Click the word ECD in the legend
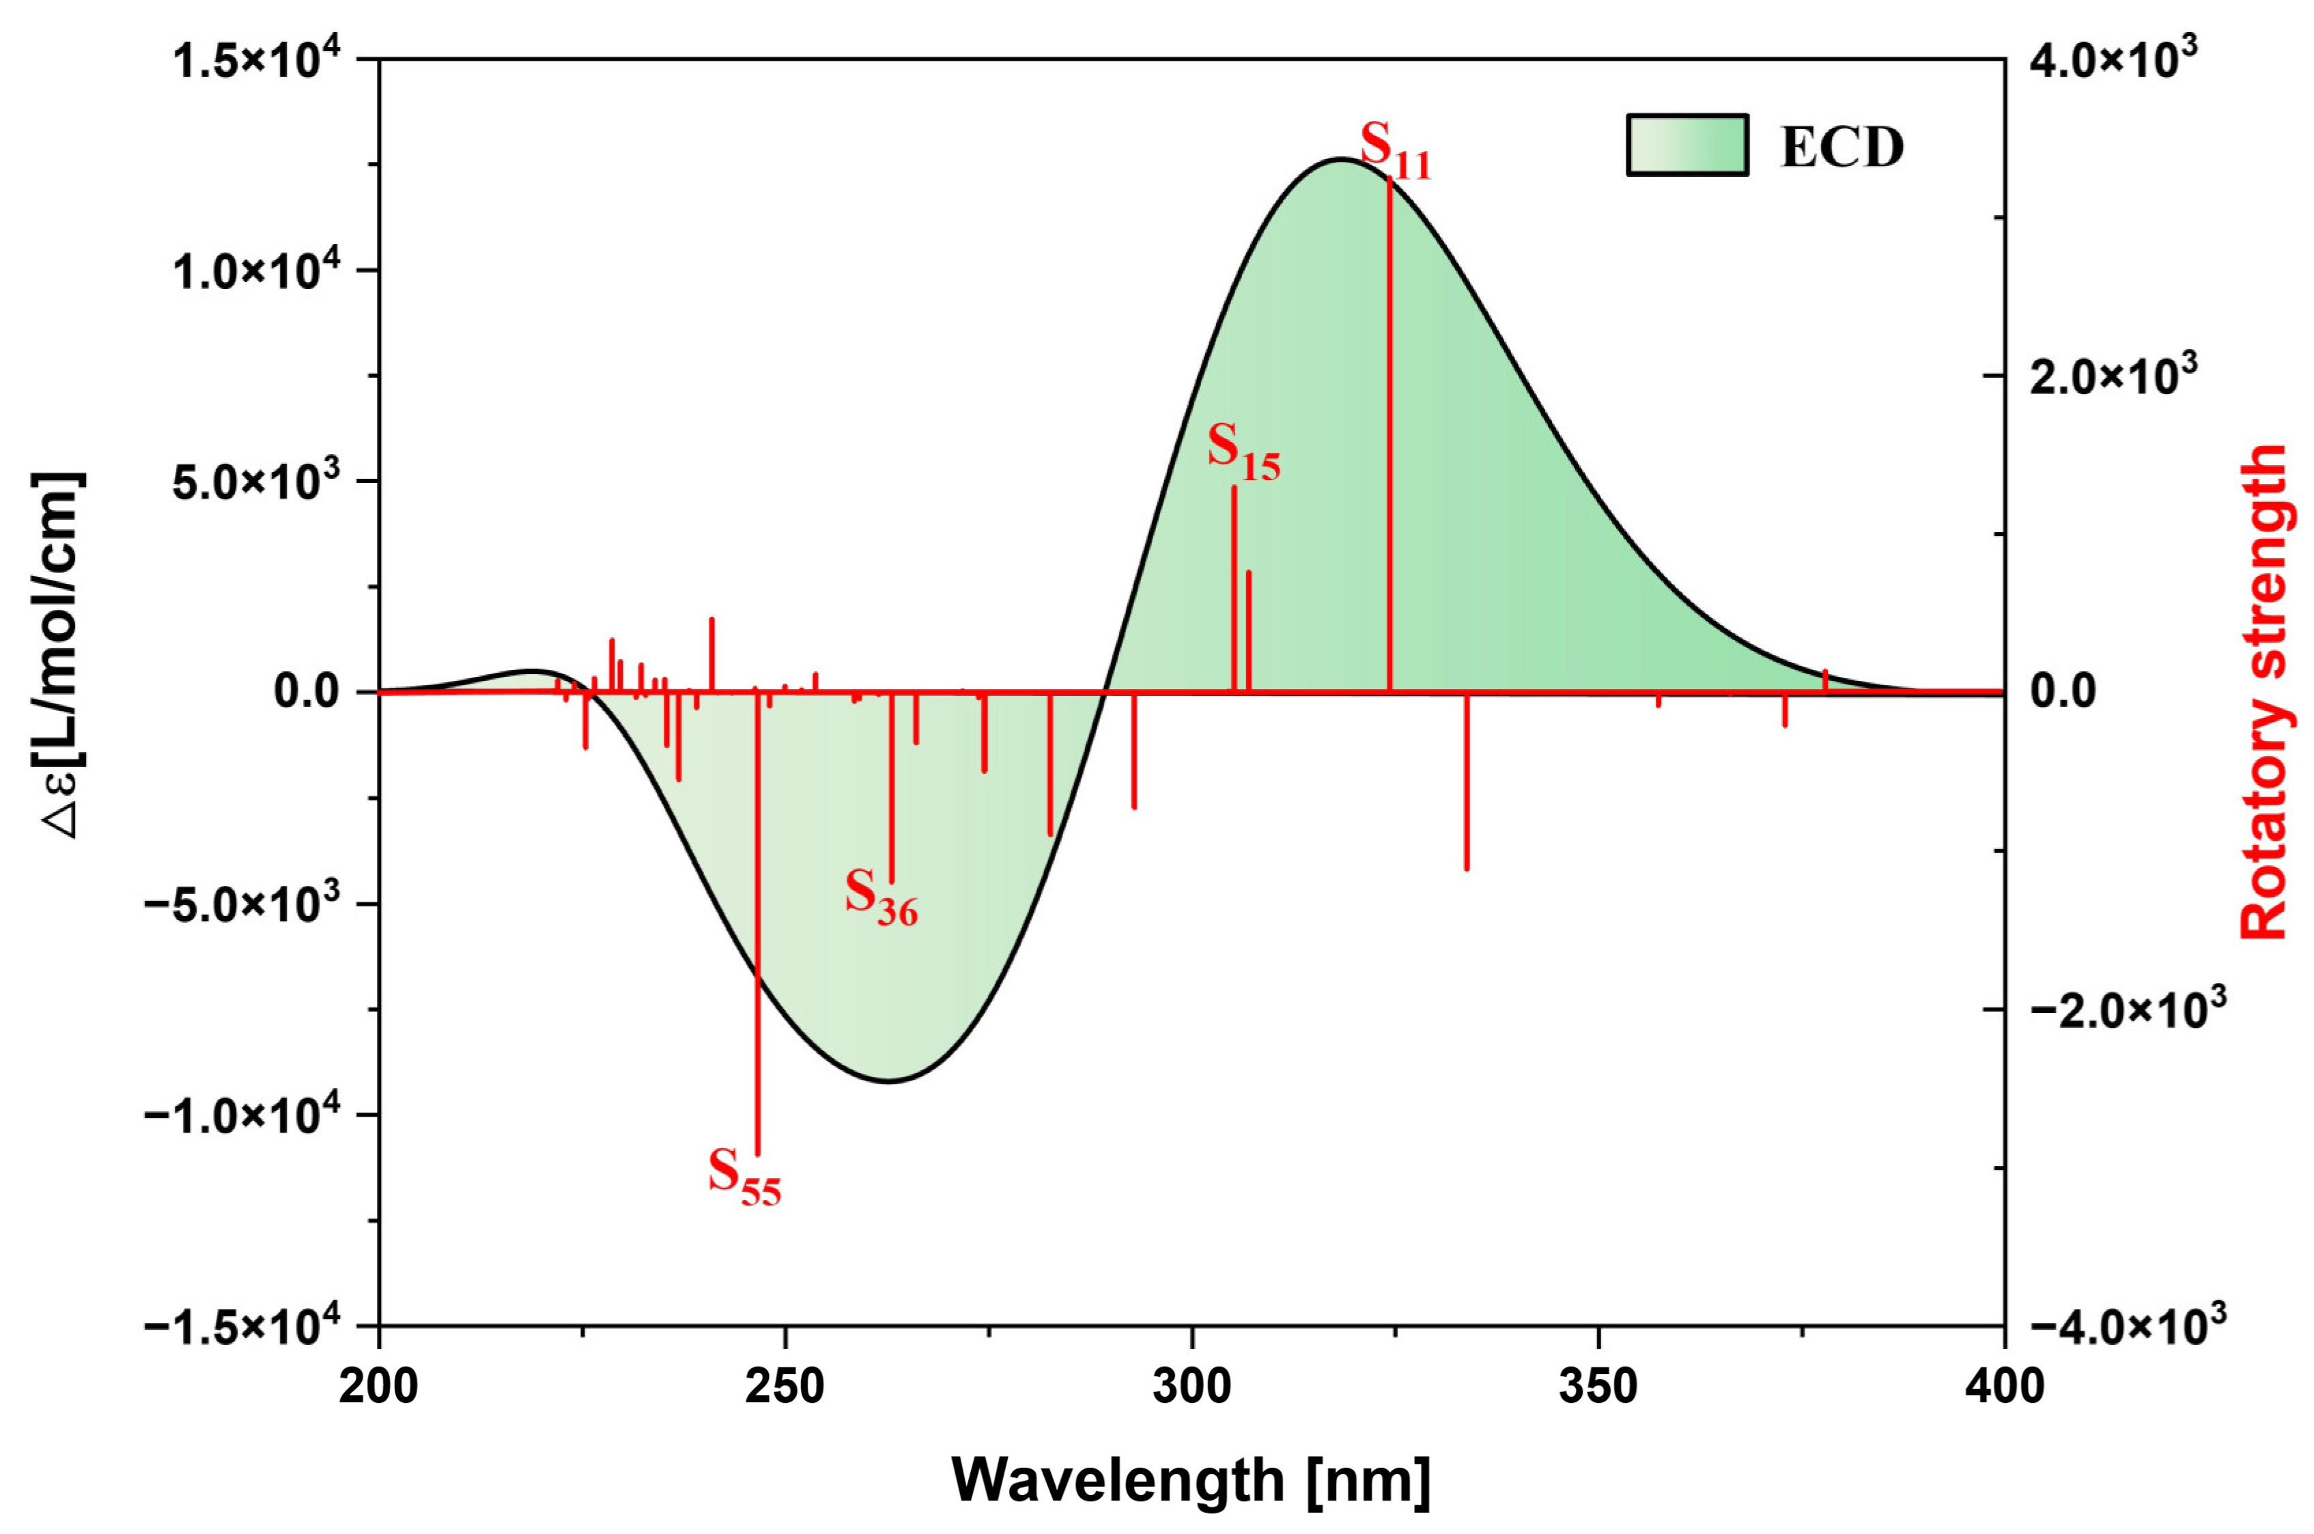1842,147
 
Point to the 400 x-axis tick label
2004,1386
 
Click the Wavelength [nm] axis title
1191,1479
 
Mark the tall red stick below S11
1389,441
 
